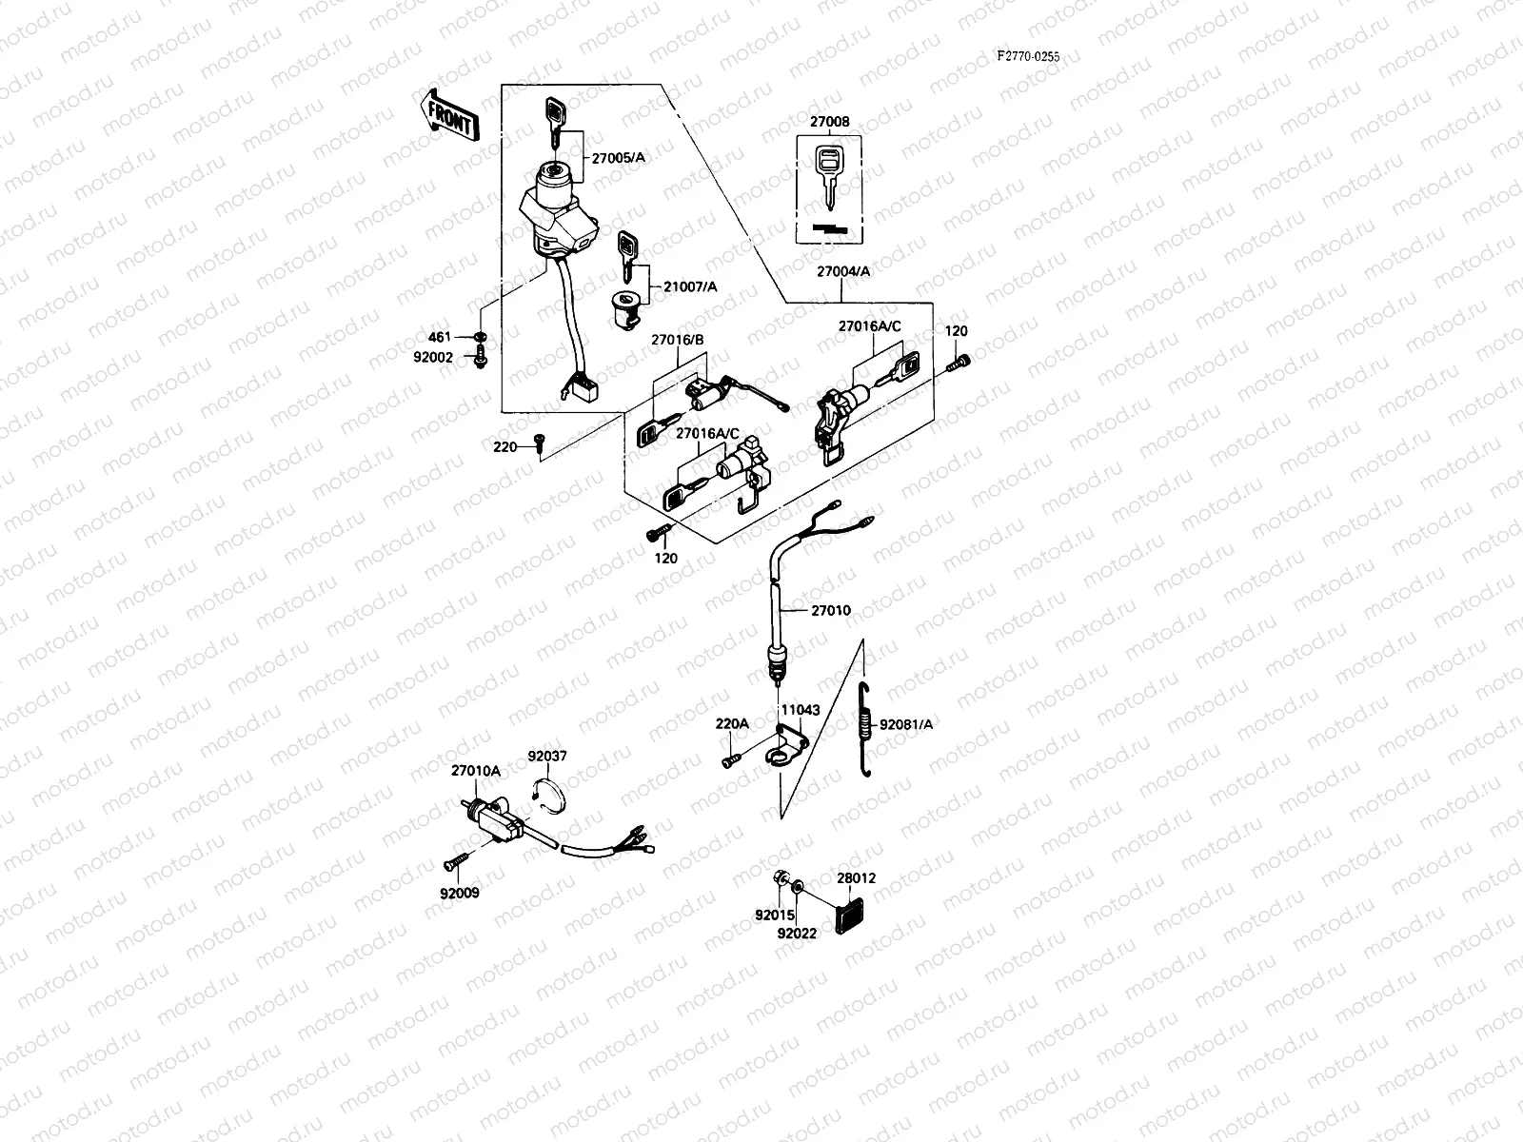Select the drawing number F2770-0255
tap(1041, 56)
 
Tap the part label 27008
tap(829, 123)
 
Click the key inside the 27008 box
tap(830, 175)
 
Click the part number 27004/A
tap(842, 271)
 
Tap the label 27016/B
tap(677, 340)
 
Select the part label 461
tap(439, 337)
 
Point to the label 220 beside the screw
tap(504, 446)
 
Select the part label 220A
tap(732, 723)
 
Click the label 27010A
tap(476, 771)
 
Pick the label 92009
tap(460, 893)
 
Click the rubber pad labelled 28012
tap(849, 914)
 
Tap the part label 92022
tap(796, 934)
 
